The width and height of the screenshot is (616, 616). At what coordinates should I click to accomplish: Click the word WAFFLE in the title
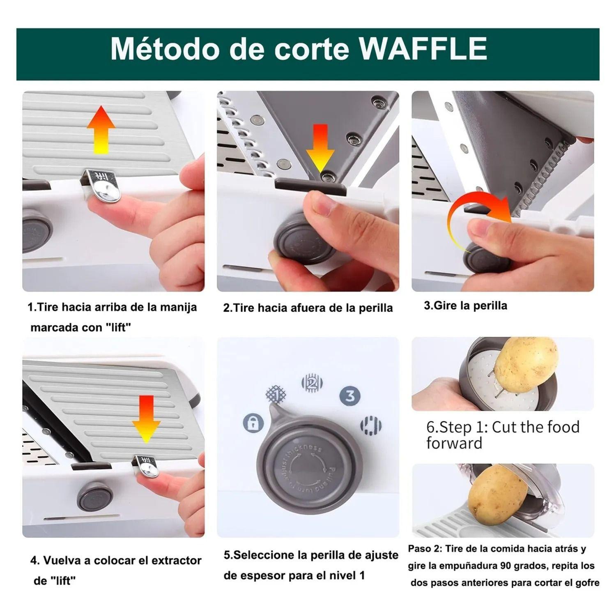click(423, 49)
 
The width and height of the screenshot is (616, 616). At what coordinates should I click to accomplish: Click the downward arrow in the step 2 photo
click(320, 148)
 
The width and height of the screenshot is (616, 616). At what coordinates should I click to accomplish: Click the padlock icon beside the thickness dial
click(253, 422)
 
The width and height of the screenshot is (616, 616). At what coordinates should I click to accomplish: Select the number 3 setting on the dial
click(350, 396)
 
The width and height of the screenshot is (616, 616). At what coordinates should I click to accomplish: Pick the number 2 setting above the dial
click(312, 383)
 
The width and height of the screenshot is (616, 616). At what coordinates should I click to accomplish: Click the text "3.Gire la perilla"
click(465, 306)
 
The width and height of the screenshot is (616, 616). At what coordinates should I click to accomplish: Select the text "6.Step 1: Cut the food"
click(503, 427)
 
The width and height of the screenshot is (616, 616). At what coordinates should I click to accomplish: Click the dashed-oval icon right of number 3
click(371, 425)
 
